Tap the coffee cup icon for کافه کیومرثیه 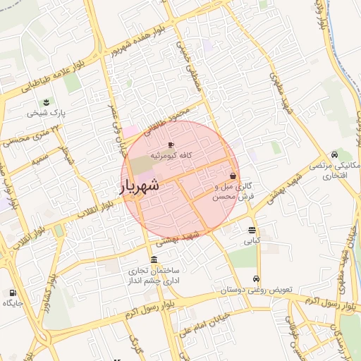171,144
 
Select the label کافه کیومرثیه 171,154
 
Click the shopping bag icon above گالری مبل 233,176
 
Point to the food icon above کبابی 252,230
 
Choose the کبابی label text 252,241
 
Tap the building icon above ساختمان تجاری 154,259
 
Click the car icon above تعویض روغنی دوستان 256,279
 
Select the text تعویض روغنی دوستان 256,290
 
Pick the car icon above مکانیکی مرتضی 334,155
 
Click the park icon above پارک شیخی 47,102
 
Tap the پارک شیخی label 47,113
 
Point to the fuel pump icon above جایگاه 13,292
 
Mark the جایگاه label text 13,303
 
